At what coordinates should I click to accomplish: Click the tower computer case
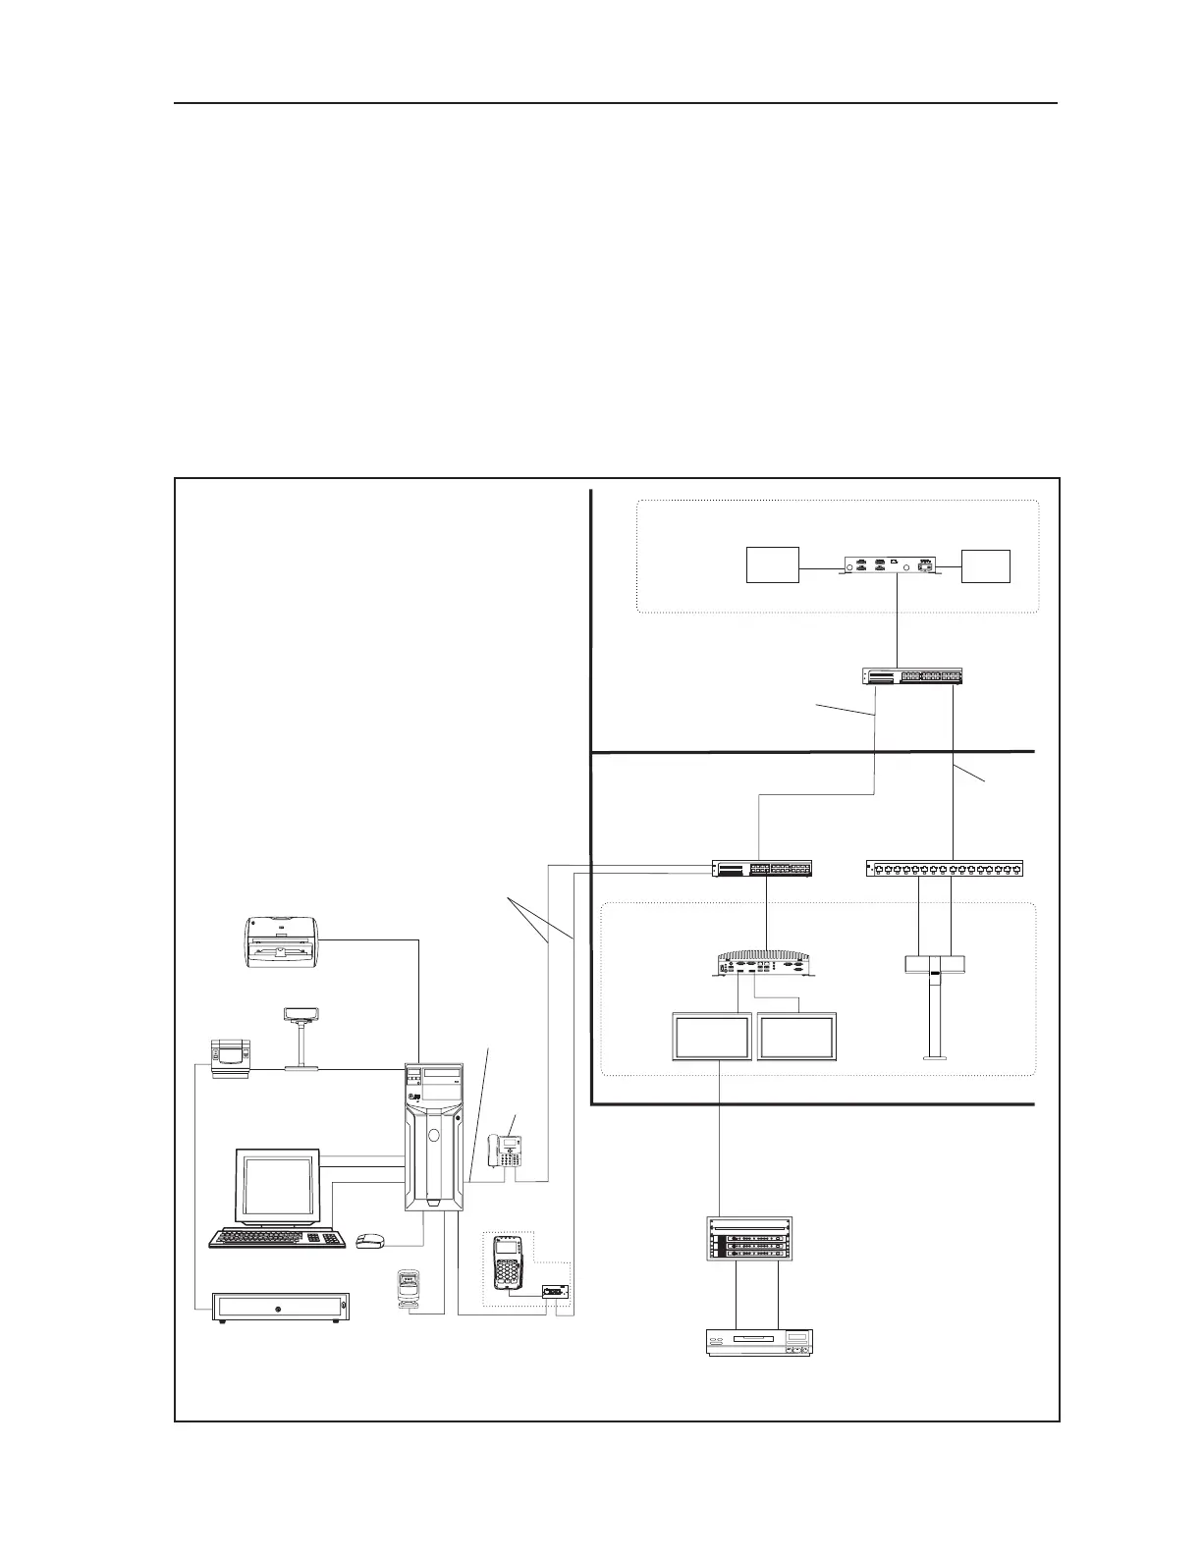[x=433, y=1137]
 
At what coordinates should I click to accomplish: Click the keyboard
[x=278, y=1238]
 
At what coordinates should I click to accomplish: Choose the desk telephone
[x=506, y=1151]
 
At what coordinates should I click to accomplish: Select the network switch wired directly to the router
[x=911, y=676]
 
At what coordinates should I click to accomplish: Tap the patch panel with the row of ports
[x=945, y=868]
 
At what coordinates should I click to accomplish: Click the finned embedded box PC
[x=765, y=961]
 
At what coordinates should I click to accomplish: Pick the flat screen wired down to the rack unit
[x=712, y=1037]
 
